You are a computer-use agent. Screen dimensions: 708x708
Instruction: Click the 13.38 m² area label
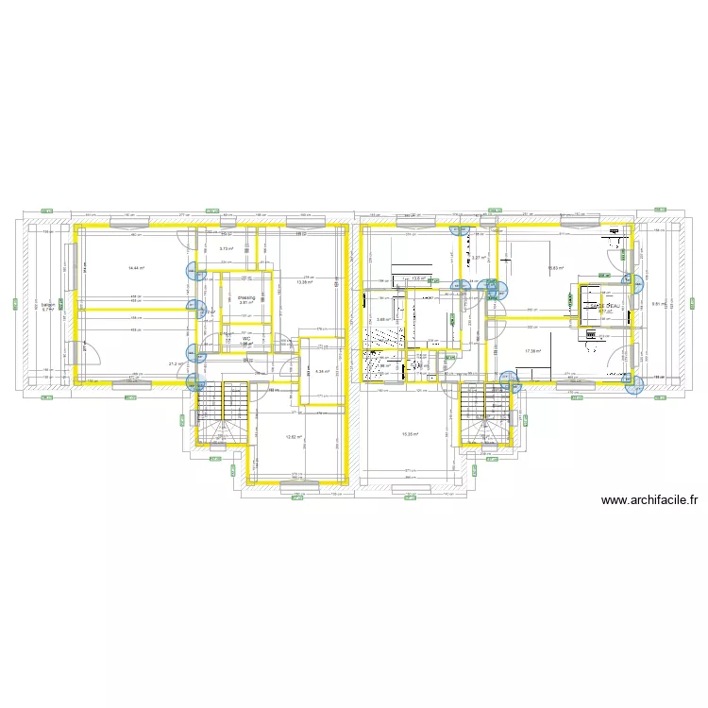click(304, 282)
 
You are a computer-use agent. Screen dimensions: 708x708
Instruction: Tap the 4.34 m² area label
click(321, 371)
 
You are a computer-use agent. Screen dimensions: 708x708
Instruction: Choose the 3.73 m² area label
click(226, 249)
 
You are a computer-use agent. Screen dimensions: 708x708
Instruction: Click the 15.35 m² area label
click(409, 434)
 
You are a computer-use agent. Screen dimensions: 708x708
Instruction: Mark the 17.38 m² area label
click(532, 351)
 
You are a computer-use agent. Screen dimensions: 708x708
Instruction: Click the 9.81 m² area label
click(658, 304)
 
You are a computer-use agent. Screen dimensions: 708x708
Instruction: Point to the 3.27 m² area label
click(479, 258)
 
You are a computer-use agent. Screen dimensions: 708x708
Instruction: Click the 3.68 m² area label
click(382, 319)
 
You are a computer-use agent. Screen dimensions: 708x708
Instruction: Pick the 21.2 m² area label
click(176, 363)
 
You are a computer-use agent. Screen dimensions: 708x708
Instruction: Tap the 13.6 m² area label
click(419, 278)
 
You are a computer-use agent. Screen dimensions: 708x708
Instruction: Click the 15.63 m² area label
click(555, 268)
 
